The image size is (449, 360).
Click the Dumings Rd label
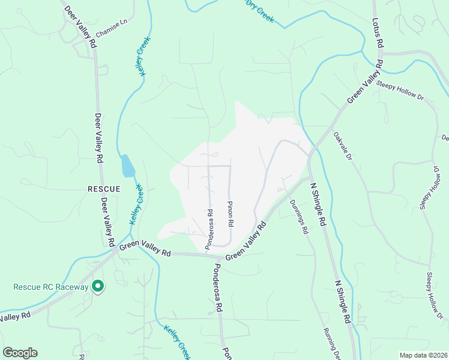(x=298, y=217)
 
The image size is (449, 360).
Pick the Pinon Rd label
(x=230, y=214)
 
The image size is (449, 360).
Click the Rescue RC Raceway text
(x=51, y=287)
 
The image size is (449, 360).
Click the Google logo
(x=20, y=353)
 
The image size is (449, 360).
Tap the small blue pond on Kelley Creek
(x=127, y=166)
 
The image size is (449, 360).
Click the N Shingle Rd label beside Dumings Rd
(x=318, y=205)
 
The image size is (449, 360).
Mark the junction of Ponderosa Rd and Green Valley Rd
(x=209, y=256)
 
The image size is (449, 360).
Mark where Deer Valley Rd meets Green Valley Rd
(x=115, y=252)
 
